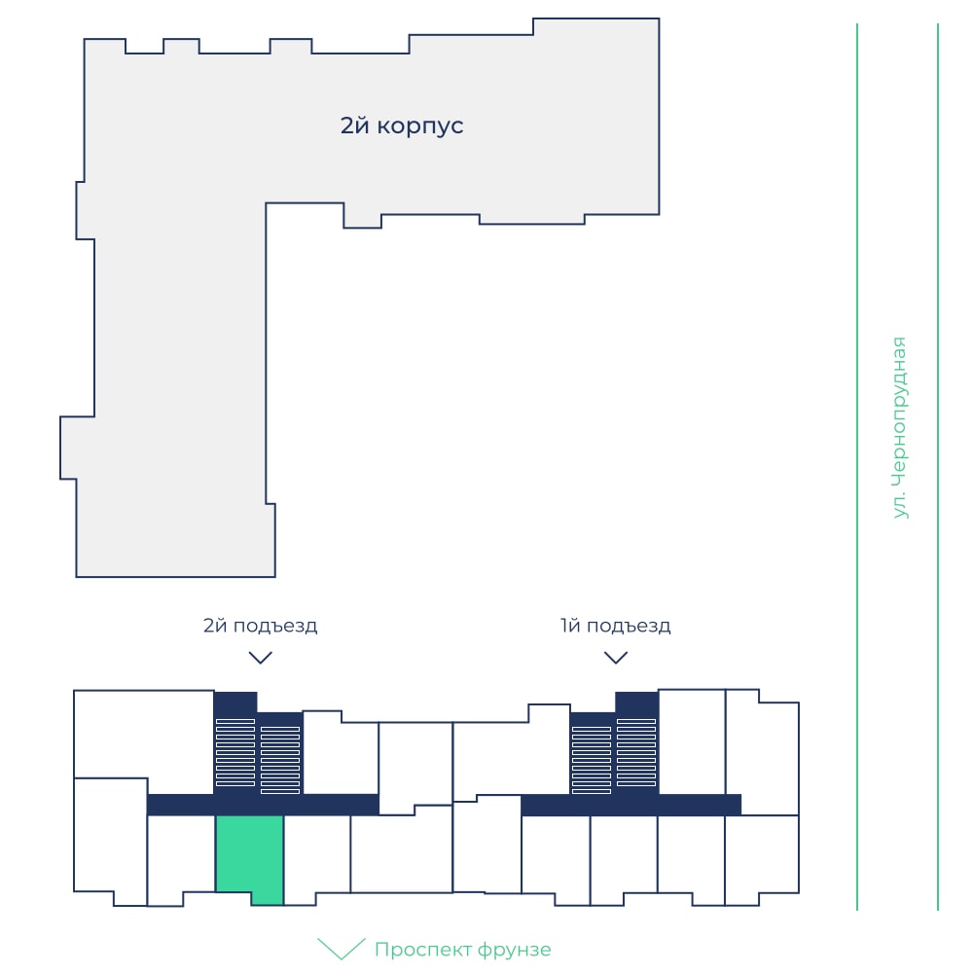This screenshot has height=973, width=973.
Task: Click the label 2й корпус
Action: point(402,126)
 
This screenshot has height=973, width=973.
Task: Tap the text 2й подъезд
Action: point(260,626)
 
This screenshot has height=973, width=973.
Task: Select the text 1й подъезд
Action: point(616,626)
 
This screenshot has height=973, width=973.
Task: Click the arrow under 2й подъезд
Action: point(260,658)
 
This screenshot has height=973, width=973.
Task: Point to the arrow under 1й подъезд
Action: point(616,658)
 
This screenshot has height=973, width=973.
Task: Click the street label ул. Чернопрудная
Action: point(898,427)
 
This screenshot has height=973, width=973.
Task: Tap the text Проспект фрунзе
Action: point(463,950)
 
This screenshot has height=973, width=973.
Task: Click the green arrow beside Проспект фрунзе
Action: point(342,949)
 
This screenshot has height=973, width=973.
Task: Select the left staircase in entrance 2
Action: point(235,753)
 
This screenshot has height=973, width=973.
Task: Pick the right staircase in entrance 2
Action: point(280,760)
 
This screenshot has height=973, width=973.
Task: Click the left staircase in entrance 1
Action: point(592,760)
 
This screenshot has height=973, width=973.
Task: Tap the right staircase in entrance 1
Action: point(636,753)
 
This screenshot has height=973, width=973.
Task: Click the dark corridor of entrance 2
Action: point(263,805)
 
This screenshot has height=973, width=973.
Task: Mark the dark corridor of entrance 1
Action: point(631,805)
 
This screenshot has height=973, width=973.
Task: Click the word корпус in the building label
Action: point(420,126)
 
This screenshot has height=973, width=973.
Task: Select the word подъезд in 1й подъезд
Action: point(629,627)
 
